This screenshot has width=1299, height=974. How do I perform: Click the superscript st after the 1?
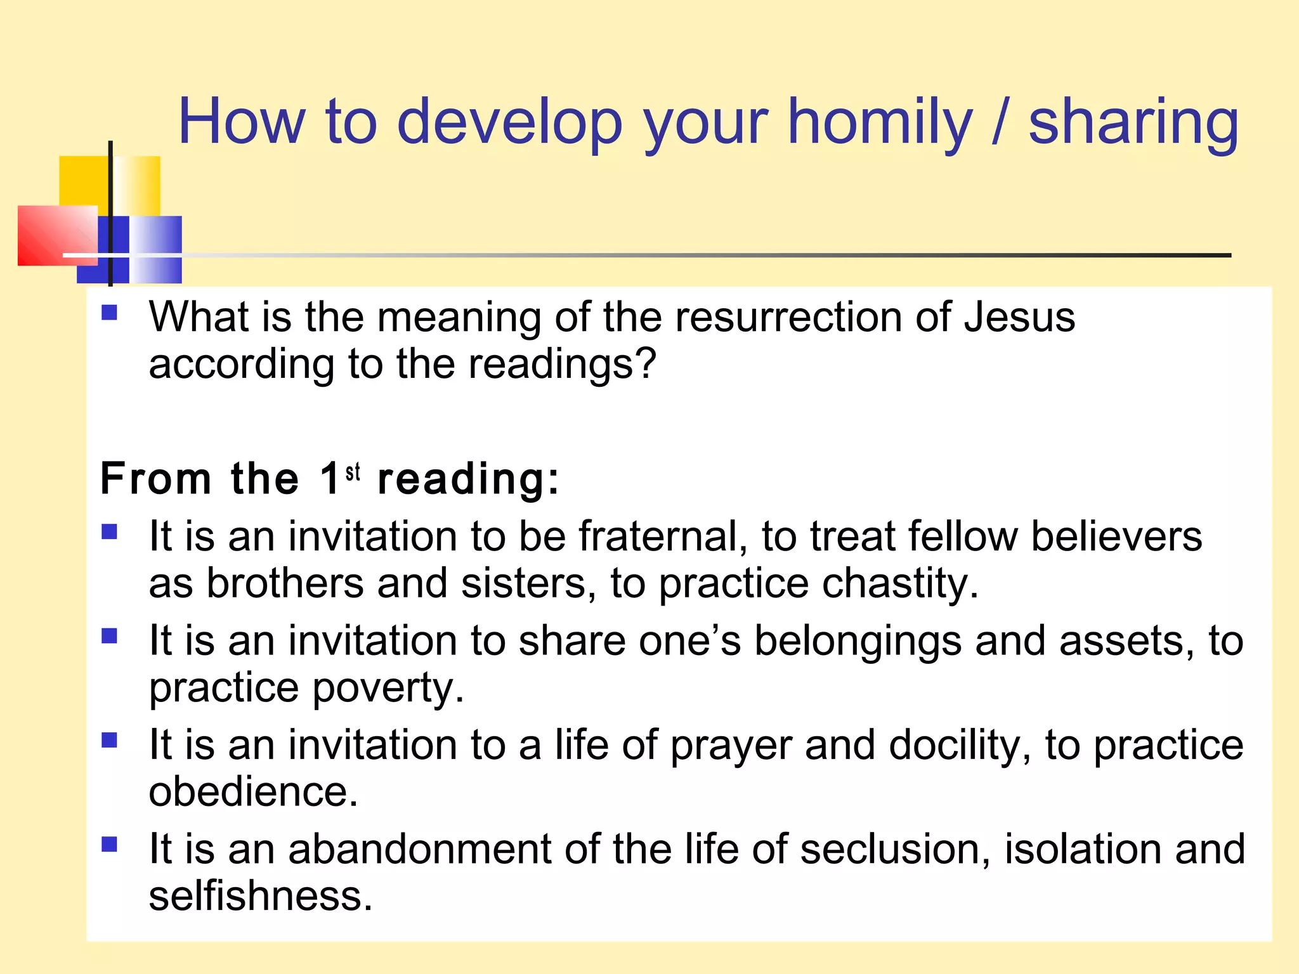(353, 472)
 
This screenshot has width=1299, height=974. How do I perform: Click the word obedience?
(253, 792)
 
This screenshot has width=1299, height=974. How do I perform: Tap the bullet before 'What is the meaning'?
(110, 313)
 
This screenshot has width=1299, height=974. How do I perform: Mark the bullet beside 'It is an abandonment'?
(110, 844)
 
